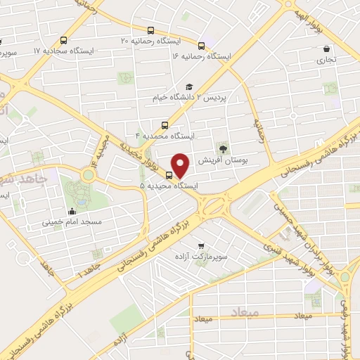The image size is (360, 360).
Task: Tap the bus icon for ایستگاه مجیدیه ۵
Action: coord(169,175)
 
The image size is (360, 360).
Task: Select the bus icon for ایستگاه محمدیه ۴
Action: coord(165,124)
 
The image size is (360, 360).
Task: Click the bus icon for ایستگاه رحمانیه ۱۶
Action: coord(202,45)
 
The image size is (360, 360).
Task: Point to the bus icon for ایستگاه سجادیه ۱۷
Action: coord(65,40)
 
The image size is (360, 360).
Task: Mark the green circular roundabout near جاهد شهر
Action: coord(89,174)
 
